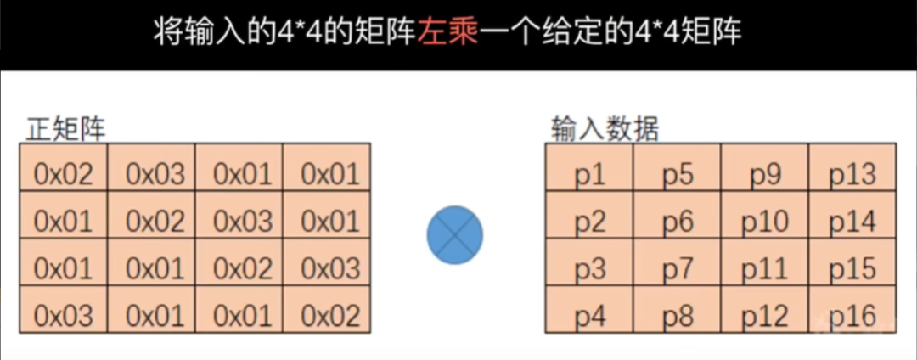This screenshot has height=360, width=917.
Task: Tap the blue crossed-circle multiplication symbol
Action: point(454,234)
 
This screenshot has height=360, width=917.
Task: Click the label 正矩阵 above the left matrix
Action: point(66,129)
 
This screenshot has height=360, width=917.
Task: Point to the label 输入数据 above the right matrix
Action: point(605,129)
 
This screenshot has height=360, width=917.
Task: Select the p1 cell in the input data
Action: point(589,175)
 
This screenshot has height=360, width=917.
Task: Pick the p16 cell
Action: point(852,316)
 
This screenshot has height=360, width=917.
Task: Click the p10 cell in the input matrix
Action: point(764,222)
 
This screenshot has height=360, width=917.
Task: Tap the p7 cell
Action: point(678,269)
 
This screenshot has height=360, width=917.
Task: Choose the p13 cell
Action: point(852,175)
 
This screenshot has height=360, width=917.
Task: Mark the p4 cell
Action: point(589,316)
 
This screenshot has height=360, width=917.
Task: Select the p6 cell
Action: point(678,222)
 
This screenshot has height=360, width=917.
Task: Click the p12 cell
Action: point(764,316)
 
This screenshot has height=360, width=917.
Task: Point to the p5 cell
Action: point(678,175)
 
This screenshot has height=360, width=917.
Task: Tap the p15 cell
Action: point(852,269)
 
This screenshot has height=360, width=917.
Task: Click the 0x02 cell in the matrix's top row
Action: point(64,175)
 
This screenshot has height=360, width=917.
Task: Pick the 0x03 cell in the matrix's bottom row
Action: point(64,316)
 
